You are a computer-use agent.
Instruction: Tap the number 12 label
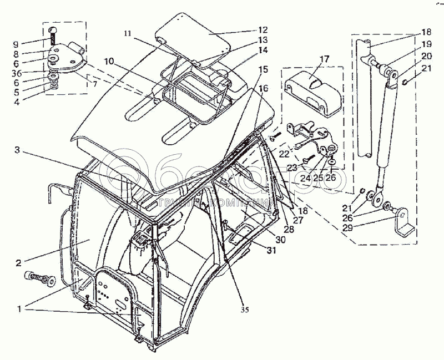click(262, 29)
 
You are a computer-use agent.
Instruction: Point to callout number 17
click(324, 58)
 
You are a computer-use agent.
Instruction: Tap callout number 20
click(426, 56)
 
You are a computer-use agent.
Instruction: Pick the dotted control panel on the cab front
click(114, 294)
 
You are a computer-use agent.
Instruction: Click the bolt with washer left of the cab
click(39, 279)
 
